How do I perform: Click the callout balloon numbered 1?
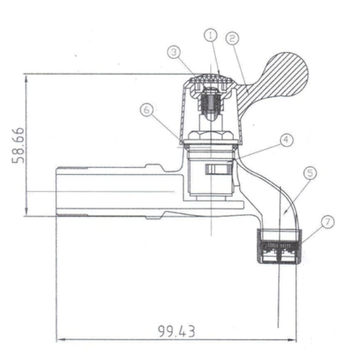[211, 35]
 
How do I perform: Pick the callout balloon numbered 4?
[287, 140]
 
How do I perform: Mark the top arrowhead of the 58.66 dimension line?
[25, 76]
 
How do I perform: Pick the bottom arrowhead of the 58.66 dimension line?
[25, 213]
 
